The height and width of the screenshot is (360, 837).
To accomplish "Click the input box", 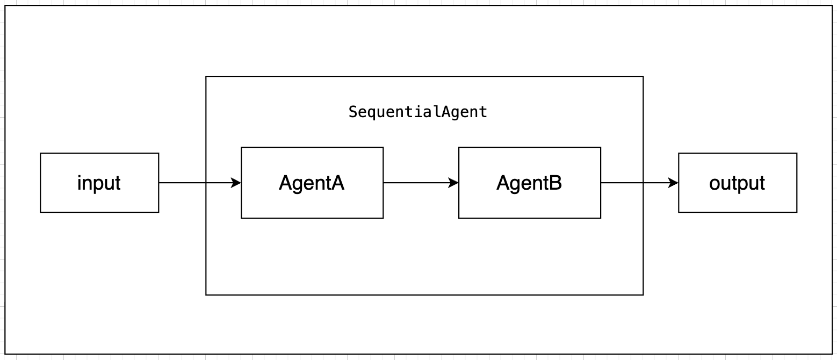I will (99, 183).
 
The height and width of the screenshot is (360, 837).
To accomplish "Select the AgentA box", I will (312, 183).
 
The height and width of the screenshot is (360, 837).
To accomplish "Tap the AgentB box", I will (529, 183).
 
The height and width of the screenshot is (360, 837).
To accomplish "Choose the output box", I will (737, 183).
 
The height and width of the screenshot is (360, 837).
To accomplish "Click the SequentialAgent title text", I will (418, 112).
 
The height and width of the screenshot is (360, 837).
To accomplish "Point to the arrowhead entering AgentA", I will (236, 183).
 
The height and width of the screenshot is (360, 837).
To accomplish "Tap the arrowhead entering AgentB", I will (454, 183).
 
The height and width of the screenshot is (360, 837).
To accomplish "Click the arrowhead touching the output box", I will (674, 183).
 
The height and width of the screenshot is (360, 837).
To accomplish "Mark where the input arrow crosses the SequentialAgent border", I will (206, 183).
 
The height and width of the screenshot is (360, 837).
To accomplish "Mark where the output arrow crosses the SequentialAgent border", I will (643, 183).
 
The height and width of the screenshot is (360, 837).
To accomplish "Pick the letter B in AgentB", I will (556, 183).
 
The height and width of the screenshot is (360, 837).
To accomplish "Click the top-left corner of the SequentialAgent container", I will (206, 77).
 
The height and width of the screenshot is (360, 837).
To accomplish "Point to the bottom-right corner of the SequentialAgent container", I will (643, 294).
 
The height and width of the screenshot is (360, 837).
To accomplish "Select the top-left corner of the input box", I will (41, 154).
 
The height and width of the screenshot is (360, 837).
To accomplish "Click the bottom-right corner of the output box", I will (797, 212).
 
